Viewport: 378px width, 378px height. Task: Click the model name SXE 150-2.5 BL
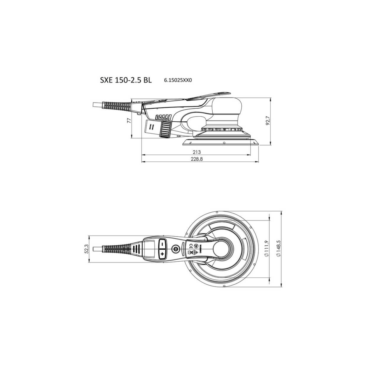click(126, 80)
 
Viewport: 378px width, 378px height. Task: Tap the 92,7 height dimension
click(268, 121)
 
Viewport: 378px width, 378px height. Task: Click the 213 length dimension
click(196, 152)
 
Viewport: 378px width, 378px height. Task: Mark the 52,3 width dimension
click(86, 248)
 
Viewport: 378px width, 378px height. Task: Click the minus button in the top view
click(162, 244)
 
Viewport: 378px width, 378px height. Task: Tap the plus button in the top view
click(162, 253)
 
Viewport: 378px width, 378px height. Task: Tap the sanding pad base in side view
click(221, 142)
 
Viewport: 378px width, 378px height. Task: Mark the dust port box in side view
click(153, 128)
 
